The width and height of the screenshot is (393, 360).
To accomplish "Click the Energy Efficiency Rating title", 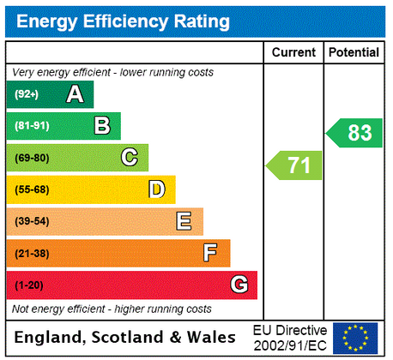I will pos(123,21).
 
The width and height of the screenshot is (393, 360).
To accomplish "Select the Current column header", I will pos(293,52).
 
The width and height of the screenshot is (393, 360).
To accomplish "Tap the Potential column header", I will pos(353,52).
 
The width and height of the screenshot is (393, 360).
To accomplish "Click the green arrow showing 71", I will pos(295,165).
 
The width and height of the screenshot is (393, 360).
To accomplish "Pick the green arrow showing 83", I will pos(354,133).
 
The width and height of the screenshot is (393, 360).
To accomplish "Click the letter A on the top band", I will pos(75,95).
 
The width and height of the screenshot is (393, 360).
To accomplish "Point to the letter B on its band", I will pos(102,127).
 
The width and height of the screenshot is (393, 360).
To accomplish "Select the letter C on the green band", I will pos(130,158).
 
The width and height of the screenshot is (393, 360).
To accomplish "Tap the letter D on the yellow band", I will pos(156,189).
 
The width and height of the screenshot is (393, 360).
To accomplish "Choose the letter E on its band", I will pos(184,221).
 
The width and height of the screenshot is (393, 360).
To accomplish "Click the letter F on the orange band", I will pos(210,253).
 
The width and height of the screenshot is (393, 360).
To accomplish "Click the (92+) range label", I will pos(27,95).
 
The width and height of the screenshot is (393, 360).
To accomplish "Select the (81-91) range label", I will pos(32,127).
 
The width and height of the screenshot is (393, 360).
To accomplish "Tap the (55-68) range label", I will pos(32,189).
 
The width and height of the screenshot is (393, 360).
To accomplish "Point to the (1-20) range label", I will pos(28,285).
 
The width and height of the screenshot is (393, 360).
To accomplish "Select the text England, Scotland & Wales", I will pos(127,337).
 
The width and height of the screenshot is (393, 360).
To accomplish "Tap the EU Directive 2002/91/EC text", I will pos(290,338).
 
